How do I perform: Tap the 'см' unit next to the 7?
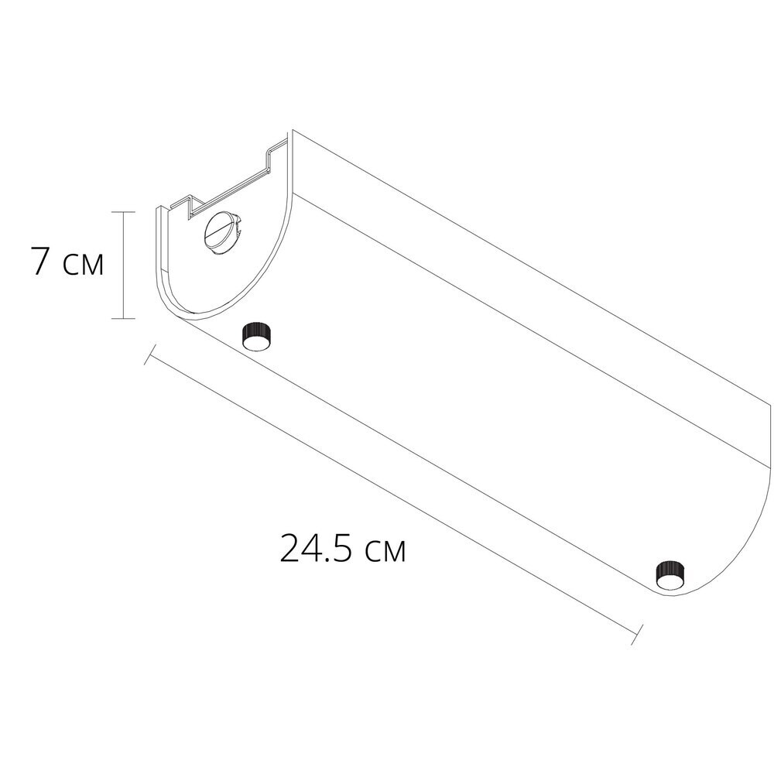pos(84,265)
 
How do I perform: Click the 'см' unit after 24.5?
pos(385,553)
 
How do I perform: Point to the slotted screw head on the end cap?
pos(223,234)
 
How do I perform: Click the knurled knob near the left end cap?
pos(257,336)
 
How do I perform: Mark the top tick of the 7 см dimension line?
pos(123,212)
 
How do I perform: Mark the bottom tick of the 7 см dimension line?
pos(123,318)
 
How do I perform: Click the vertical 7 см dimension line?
pos(123,265)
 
